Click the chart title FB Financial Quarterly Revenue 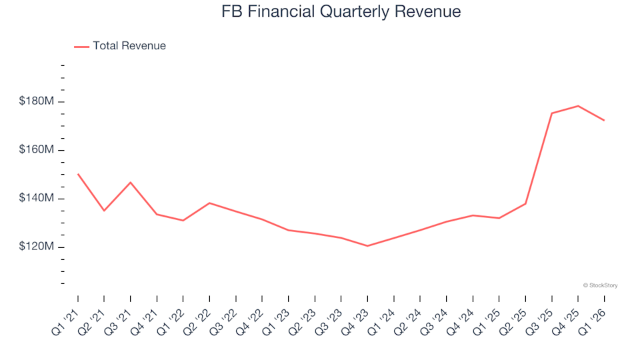pyautogui.click(x=341, y=12)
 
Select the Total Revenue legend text pyautogui.click(x=129, y=46)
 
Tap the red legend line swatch pyautogui.click(x=81, y=47)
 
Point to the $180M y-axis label pyautogui.click(x=37, y=101)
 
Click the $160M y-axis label pyautogui.click(x=37, y=150)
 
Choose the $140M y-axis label pyautogui.click(x=37, y=199)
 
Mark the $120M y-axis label pyautogui.click(x=37, y=247)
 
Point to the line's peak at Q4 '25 pyautogui.click(x=578, y=106)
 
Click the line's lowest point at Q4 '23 pyautogui.click(x=367, y=246)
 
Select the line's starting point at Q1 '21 pyautogui.click(x=78, y=174)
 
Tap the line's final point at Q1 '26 pyautogui.click(x=604, y=120)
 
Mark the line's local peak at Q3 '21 pyautogui.click(x=131, y=182)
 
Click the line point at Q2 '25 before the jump pyautogui.click(x=525, y=203)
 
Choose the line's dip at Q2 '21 pyautogui.click(x=104, y=211)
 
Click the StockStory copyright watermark pyautogui.click(x=600, y=285)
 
